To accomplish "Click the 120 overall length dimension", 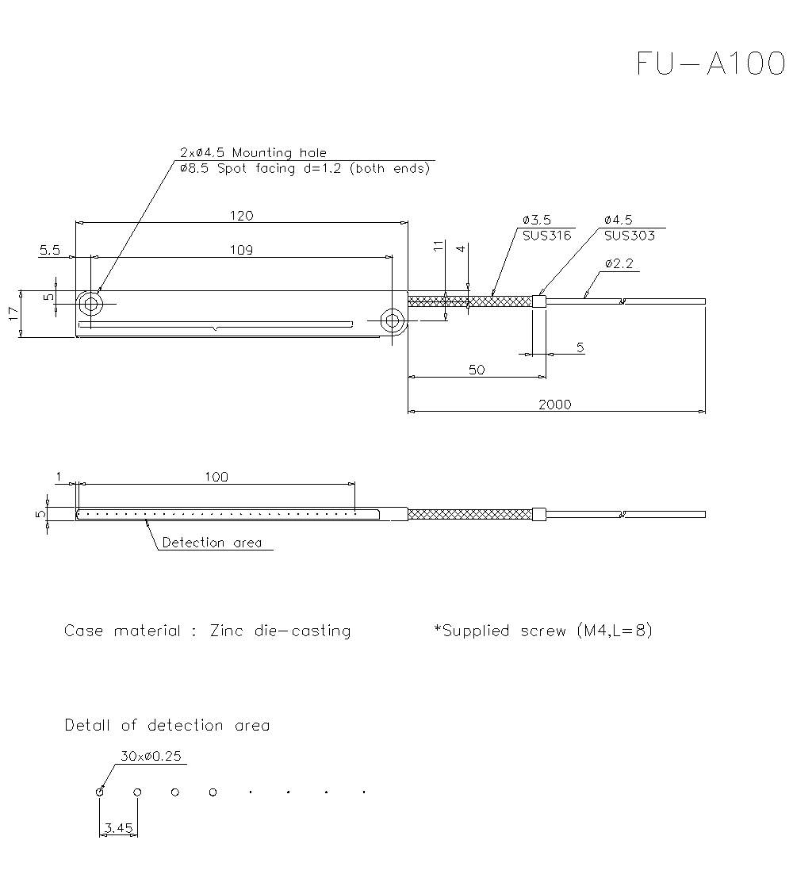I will [x=241, y=216].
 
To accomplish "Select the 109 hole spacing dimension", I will [x=241, y=250].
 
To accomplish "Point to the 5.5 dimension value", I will [x=49, y=250].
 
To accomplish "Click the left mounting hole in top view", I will [x=90, y=304].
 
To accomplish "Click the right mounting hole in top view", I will [x=392, y=320].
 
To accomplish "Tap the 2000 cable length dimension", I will [x=554, y=404].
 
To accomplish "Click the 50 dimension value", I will [x=476, y=370].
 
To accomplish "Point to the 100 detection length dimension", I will [x=216, y=477].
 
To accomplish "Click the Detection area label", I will [x=211, y=543].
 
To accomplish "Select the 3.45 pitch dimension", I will [x=118, y=827].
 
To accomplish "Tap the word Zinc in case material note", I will [x=228, y=631].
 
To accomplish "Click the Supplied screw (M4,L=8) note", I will [x=543, y=631].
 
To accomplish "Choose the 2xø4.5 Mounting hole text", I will [x=253, y=152].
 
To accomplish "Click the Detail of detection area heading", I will [x=167, y=725].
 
